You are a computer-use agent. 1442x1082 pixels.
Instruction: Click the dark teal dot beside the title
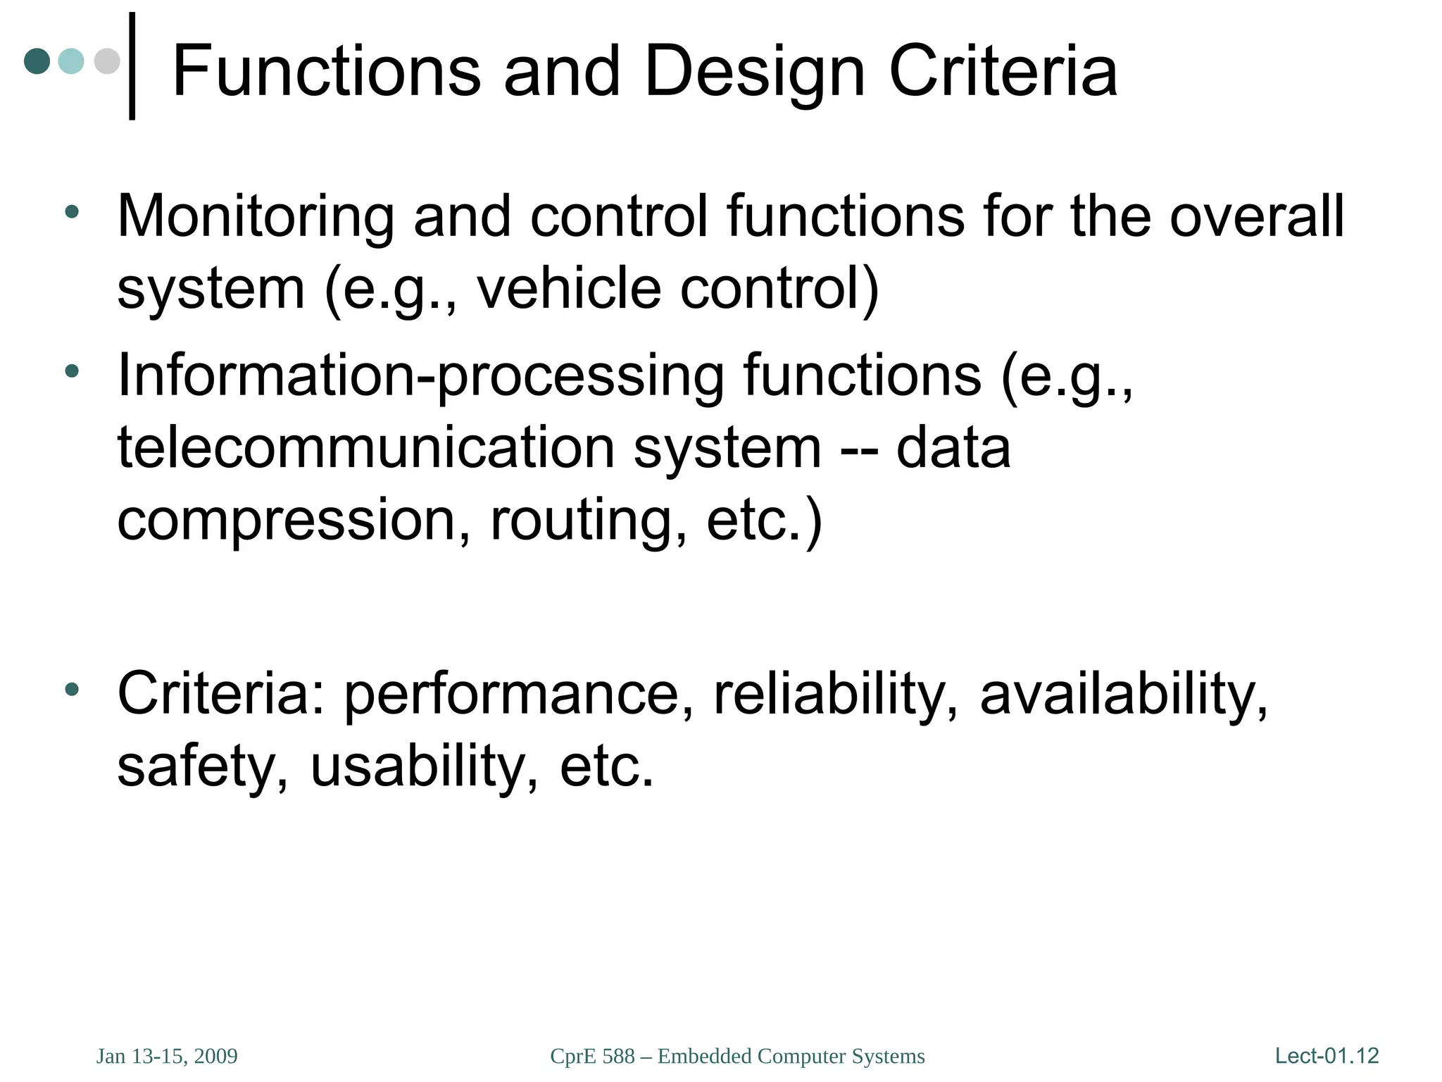[x=37, y=61]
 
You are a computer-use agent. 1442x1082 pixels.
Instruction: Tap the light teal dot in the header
[x=71, y=61]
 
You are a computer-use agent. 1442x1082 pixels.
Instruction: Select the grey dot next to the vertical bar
[x=106, y=61]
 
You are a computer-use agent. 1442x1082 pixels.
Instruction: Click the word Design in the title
[x=754, y=71]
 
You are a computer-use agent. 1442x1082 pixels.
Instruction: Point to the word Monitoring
[x=255, y=217]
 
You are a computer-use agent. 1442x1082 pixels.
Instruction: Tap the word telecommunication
[x=365, y=448]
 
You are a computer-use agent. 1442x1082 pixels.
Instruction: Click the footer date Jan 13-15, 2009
[x=167, y=1057]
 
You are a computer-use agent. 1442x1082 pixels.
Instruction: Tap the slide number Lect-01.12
[x=1327, y=1056]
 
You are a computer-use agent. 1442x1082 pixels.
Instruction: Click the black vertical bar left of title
[x=132, y=66]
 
